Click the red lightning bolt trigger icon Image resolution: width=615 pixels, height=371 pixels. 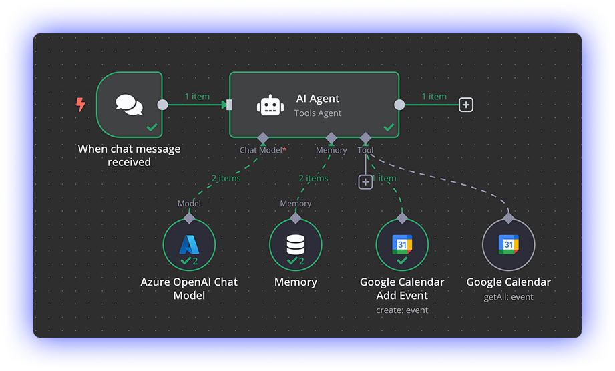(x=80, y=105)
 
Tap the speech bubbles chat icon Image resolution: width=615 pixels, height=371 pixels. (x=129, y=105)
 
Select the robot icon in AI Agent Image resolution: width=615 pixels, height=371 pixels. (x=270, y=105)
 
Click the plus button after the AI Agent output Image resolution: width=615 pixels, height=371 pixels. (x=466, y=105)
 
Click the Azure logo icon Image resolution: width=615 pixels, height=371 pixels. (x=189, y=244)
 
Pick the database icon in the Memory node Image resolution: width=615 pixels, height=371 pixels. (x=296, y=244)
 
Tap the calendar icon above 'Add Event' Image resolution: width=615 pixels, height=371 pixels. (x=402, y=244)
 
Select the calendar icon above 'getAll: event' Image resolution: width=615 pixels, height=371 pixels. (x=508, y=244)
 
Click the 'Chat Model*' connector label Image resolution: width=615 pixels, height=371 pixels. (x=263, y=150)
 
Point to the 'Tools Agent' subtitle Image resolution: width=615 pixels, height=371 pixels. (x=318, y=113)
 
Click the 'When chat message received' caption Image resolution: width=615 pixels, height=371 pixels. (x=129, y=155)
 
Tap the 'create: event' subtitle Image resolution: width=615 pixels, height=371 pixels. (x=402, y=310)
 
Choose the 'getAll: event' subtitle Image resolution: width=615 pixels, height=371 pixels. (x=508, y=296)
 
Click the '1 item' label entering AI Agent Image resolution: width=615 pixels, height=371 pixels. (x=197, y=96)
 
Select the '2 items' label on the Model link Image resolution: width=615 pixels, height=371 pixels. (x=226, y=178)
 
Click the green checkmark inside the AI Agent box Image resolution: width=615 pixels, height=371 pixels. (x=389, y=127)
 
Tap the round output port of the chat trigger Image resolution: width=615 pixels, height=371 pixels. (x=162, y=105)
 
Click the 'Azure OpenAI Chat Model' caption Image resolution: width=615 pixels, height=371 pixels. (x=189, y=288)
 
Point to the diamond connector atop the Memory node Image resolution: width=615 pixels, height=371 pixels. (x=296, y=218)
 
